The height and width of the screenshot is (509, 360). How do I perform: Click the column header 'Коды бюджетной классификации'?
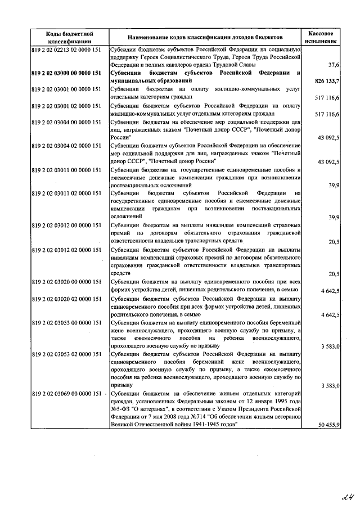click(70, 37)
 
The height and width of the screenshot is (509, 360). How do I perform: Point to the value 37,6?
click(332, 65)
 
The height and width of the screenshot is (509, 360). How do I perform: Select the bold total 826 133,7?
click(324, 81)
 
